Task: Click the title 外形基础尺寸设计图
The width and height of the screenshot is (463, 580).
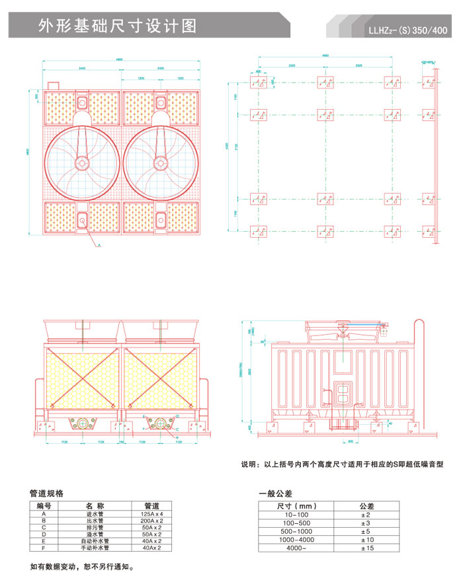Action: point(118,26)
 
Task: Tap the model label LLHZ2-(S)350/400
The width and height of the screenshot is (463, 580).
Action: point(408,30)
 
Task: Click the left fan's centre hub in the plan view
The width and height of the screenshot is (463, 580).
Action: point(82,163)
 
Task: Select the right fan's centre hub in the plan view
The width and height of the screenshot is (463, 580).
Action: point(160,163)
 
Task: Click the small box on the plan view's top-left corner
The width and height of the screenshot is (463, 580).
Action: point(52,85)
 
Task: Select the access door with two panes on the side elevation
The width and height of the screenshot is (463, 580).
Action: point(343,392)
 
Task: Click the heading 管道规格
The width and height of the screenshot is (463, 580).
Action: point(47,493)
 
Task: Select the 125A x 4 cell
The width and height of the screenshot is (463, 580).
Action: point(152,513)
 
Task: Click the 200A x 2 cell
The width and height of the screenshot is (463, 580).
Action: point(152,520)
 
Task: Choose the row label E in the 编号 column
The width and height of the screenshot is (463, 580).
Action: point(44,540)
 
